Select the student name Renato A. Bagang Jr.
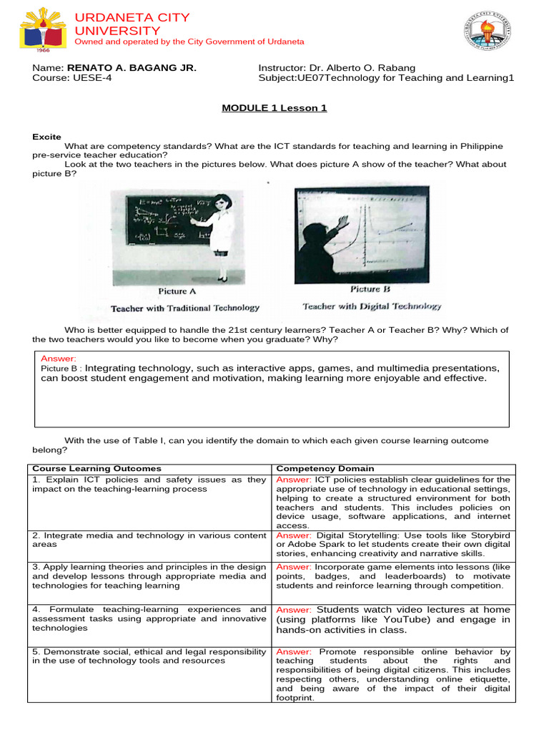pyautogui.click(x=132, y=68)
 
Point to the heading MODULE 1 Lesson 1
pyautogui.click(x=274, y=108)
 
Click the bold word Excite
pyautogui.click(x=47, y=137)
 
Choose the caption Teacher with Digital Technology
pyautogui.click(x=372, y=306)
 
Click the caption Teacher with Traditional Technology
pyautogui.click(x=184, y=308)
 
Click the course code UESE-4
pyautogui.click(x=90, y=78)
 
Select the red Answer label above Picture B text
pyautogui.click(x=58, y=359)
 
